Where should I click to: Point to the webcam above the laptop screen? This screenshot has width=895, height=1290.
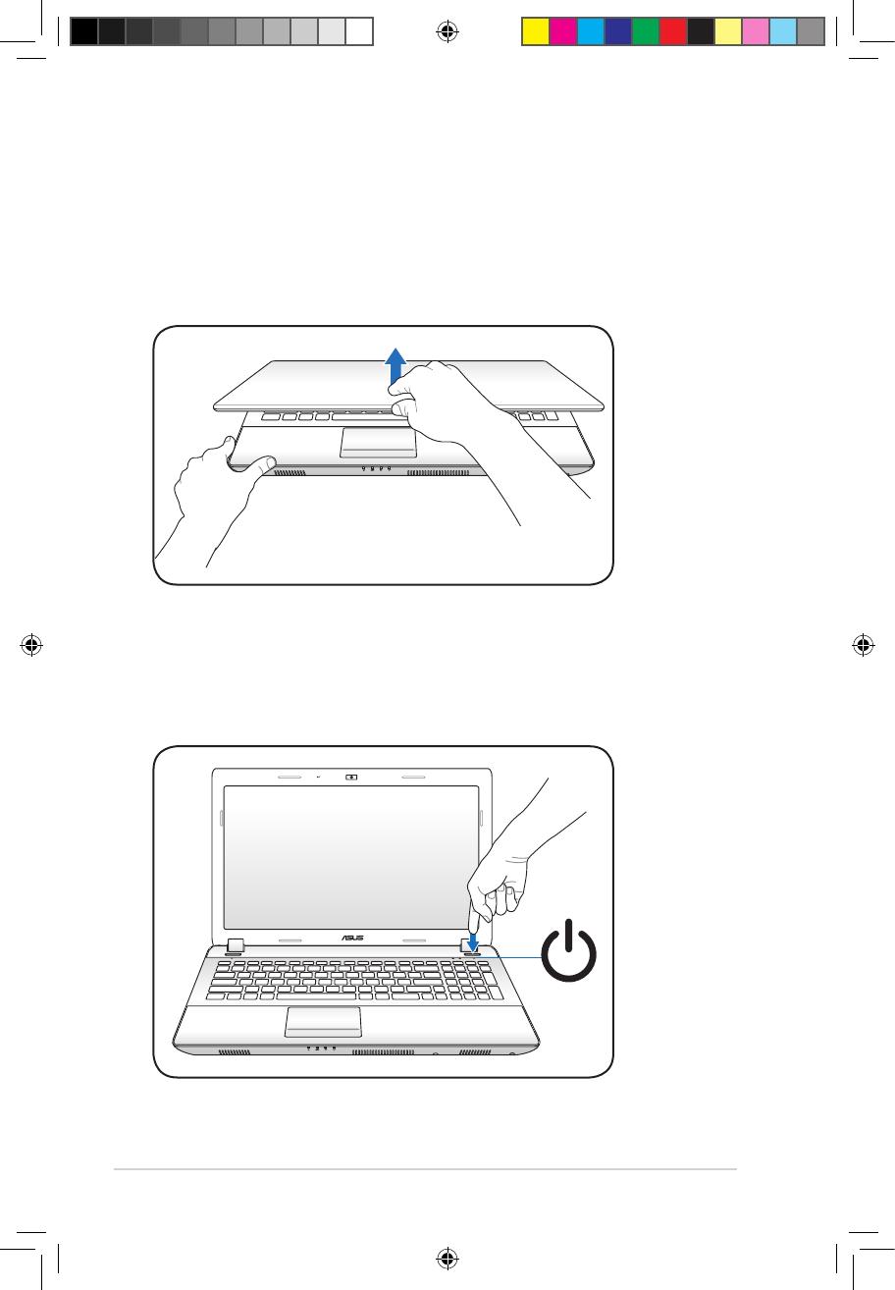[x=352, y=775]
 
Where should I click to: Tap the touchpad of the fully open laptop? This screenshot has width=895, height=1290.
[x=323, y=1021]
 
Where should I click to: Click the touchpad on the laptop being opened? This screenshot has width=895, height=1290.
[x=379, y=443]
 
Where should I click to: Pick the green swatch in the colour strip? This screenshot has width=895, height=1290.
[x=645, y=31]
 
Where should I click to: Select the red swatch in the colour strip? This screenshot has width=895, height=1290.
[x=672, y=31]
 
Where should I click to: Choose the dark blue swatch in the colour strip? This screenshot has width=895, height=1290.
[x=617, y=31]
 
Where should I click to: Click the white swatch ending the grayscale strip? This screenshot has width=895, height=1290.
[x=360, y=31]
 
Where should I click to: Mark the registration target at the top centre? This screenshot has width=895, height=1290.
[x=447, y=32]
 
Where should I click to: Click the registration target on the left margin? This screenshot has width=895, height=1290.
[x=32, y=645]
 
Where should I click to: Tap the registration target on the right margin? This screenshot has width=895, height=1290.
[x=863, y=645]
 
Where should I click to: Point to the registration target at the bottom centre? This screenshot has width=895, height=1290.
[x=447, y=1258]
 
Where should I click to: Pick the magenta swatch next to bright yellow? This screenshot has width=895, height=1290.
[x=562, y=31]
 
